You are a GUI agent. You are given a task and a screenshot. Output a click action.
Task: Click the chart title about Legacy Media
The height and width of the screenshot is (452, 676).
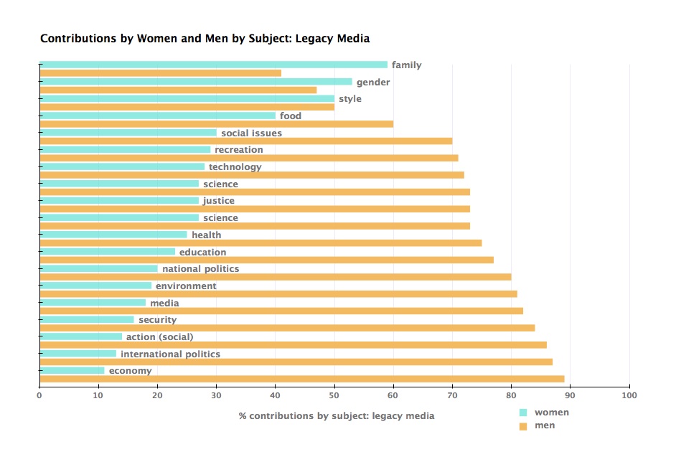(205, 38)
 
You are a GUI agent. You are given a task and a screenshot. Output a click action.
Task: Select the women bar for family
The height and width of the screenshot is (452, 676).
(213, 65)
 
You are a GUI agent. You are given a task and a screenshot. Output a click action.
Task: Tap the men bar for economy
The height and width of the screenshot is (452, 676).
(301, 379)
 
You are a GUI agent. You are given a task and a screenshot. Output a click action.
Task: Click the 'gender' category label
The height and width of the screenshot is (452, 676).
(373, 82)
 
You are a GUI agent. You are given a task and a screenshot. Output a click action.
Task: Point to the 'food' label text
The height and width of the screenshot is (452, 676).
(291, 116)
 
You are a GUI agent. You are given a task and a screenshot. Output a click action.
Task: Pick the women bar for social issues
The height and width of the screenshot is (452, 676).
(128, 133)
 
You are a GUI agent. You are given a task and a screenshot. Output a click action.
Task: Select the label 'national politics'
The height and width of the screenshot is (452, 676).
(200, 269)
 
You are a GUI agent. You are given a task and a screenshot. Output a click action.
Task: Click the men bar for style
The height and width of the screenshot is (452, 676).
(187, 107)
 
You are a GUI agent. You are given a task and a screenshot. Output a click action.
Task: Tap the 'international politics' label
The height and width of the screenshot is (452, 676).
(170, 354)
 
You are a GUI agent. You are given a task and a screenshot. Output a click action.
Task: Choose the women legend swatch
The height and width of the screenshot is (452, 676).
(523, 413)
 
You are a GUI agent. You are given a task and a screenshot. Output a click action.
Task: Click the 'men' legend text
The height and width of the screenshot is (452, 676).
(545, 425)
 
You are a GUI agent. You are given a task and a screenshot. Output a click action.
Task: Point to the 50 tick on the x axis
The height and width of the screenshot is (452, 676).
(334, 395)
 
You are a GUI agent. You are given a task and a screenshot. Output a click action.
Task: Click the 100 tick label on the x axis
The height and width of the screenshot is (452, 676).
(629, 395)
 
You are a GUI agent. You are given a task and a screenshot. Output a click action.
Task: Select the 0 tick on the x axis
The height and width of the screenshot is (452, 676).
(39, 395)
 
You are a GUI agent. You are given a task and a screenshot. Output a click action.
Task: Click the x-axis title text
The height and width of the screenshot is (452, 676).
(336, 415)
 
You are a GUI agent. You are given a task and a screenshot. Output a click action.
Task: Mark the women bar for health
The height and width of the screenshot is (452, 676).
(113, 235)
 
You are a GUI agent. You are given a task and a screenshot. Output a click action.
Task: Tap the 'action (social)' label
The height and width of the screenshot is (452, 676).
(159, 336)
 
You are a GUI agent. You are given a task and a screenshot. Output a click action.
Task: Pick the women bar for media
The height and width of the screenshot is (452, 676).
(93, 303)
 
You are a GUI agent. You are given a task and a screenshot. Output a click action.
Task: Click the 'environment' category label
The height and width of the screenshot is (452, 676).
(186, 286)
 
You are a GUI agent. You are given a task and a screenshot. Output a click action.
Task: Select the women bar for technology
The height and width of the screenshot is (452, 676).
(122, 166)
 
